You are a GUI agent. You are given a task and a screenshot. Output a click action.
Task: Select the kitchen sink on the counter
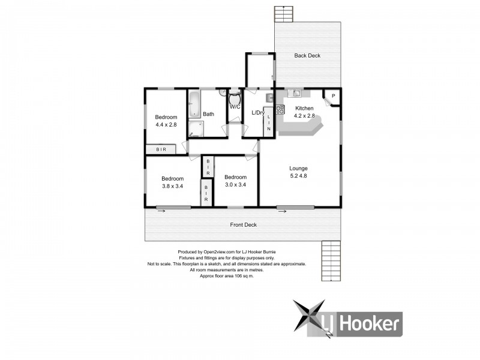point(296,93)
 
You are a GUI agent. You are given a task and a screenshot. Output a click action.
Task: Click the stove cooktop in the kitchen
point(280,110)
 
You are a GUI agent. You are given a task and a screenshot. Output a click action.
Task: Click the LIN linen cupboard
point(269,122)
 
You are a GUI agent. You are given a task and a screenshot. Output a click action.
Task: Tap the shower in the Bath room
point(196,129)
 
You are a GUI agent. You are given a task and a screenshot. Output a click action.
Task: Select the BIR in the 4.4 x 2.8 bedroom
point(161,149)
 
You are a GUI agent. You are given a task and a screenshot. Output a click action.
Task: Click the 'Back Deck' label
point(307,56)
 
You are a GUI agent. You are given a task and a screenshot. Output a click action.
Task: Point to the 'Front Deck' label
point(244,225)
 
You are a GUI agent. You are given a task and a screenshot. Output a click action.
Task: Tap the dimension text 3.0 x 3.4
point(235,185)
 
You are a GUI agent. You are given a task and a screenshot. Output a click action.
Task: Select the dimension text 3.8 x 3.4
point(172,186)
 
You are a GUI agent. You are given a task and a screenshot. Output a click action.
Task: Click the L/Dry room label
point(258,113)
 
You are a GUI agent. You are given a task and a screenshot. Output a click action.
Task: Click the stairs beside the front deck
point(331,261)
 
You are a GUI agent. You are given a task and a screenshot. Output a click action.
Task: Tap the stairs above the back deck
point(282,13)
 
